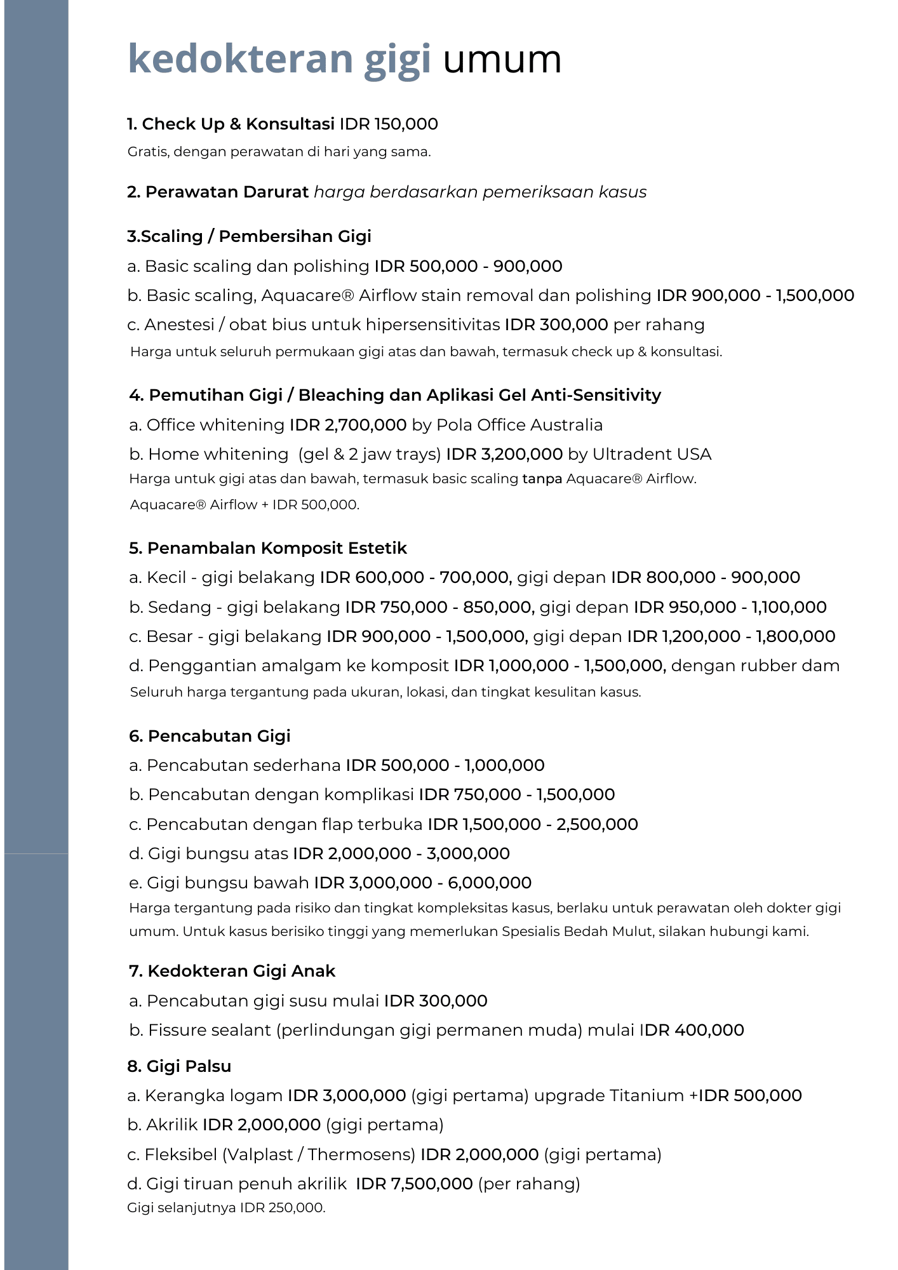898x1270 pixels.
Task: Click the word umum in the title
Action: [502, 59]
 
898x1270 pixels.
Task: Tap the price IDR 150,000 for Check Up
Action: [389, 124]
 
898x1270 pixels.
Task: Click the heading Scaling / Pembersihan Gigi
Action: [249, 236]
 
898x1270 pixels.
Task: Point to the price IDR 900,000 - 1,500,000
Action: [755, 295]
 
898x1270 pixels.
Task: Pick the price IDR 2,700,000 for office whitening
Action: [348, 425]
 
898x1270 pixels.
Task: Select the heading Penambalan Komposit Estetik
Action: [268, 548]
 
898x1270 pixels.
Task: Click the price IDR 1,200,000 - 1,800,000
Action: [731, 636]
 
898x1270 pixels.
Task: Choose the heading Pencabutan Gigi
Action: [210, 736]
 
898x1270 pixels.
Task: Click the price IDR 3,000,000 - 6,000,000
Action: [423, 883]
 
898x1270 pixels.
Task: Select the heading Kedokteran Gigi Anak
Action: [232, 971]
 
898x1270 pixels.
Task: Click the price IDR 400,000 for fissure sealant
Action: [692, 1030]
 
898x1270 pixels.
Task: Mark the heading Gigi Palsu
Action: [180, 1066]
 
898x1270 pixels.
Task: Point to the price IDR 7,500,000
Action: [414, 1184]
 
